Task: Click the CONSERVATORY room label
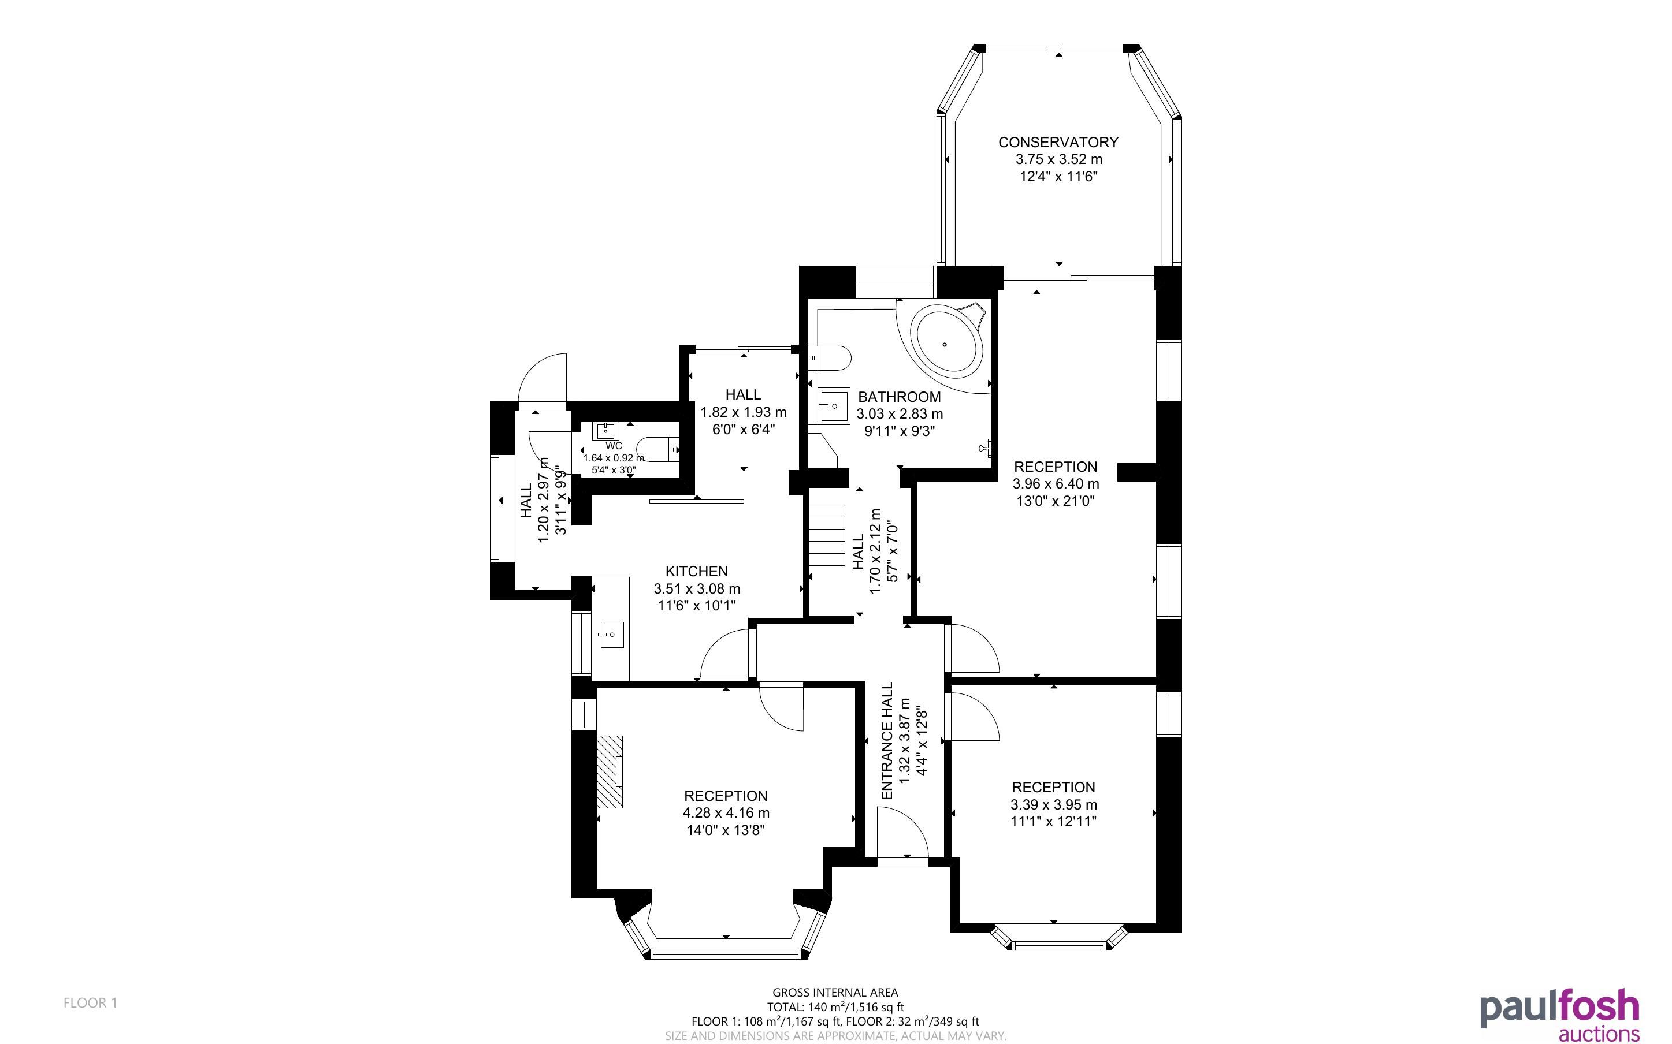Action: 1058,142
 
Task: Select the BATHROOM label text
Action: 899,397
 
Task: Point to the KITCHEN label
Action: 696,572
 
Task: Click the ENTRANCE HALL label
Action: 887,741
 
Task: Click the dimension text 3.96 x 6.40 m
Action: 1056,484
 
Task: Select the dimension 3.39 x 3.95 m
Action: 1053,805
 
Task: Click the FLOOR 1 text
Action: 91,1002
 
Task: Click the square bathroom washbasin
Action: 834,405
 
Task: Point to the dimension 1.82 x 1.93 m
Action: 743,413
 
